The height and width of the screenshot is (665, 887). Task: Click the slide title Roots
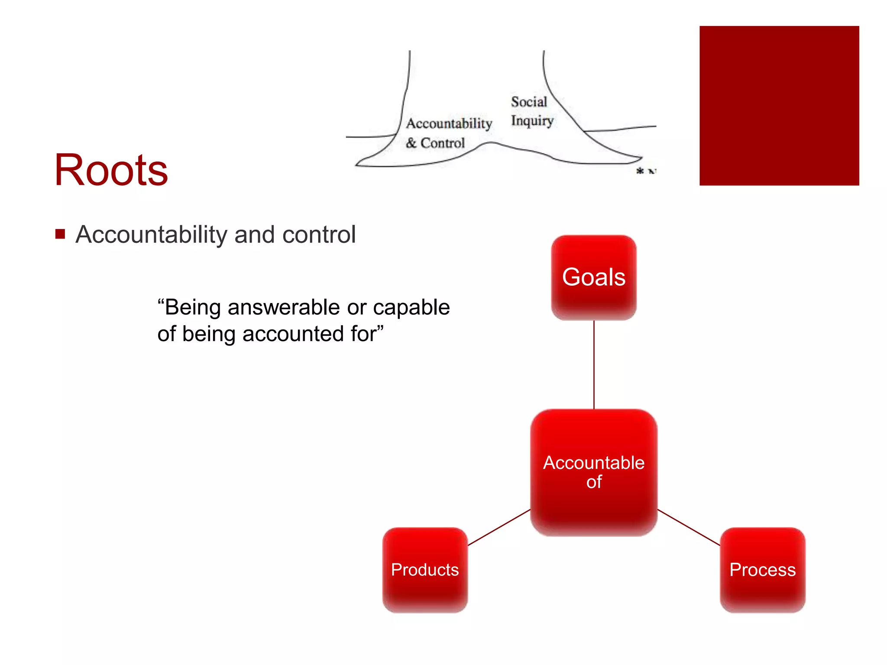point(111,170)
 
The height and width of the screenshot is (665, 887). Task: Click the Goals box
point(593,277)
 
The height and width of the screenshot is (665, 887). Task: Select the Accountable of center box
point(593,472)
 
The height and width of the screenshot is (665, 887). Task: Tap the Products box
point(425,569)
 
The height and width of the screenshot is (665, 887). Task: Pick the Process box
point(762,569)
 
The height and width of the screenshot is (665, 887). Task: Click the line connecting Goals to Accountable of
point(594,365)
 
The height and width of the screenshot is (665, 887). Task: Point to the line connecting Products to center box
point(499,527)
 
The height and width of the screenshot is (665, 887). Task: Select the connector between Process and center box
point(689,527)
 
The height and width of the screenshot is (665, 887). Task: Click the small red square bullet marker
point(60,234)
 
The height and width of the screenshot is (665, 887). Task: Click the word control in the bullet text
point(319,235)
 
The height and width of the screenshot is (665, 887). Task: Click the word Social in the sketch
point(529,102)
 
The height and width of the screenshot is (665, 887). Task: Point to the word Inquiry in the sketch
point(532,121)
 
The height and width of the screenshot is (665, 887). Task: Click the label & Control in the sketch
point(435,143)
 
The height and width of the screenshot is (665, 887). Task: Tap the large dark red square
point(779,106)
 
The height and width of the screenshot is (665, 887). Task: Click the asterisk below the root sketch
point(640,171)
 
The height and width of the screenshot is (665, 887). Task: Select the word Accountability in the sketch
point(449,123)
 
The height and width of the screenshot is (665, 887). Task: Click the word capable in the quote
point(411,307)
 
